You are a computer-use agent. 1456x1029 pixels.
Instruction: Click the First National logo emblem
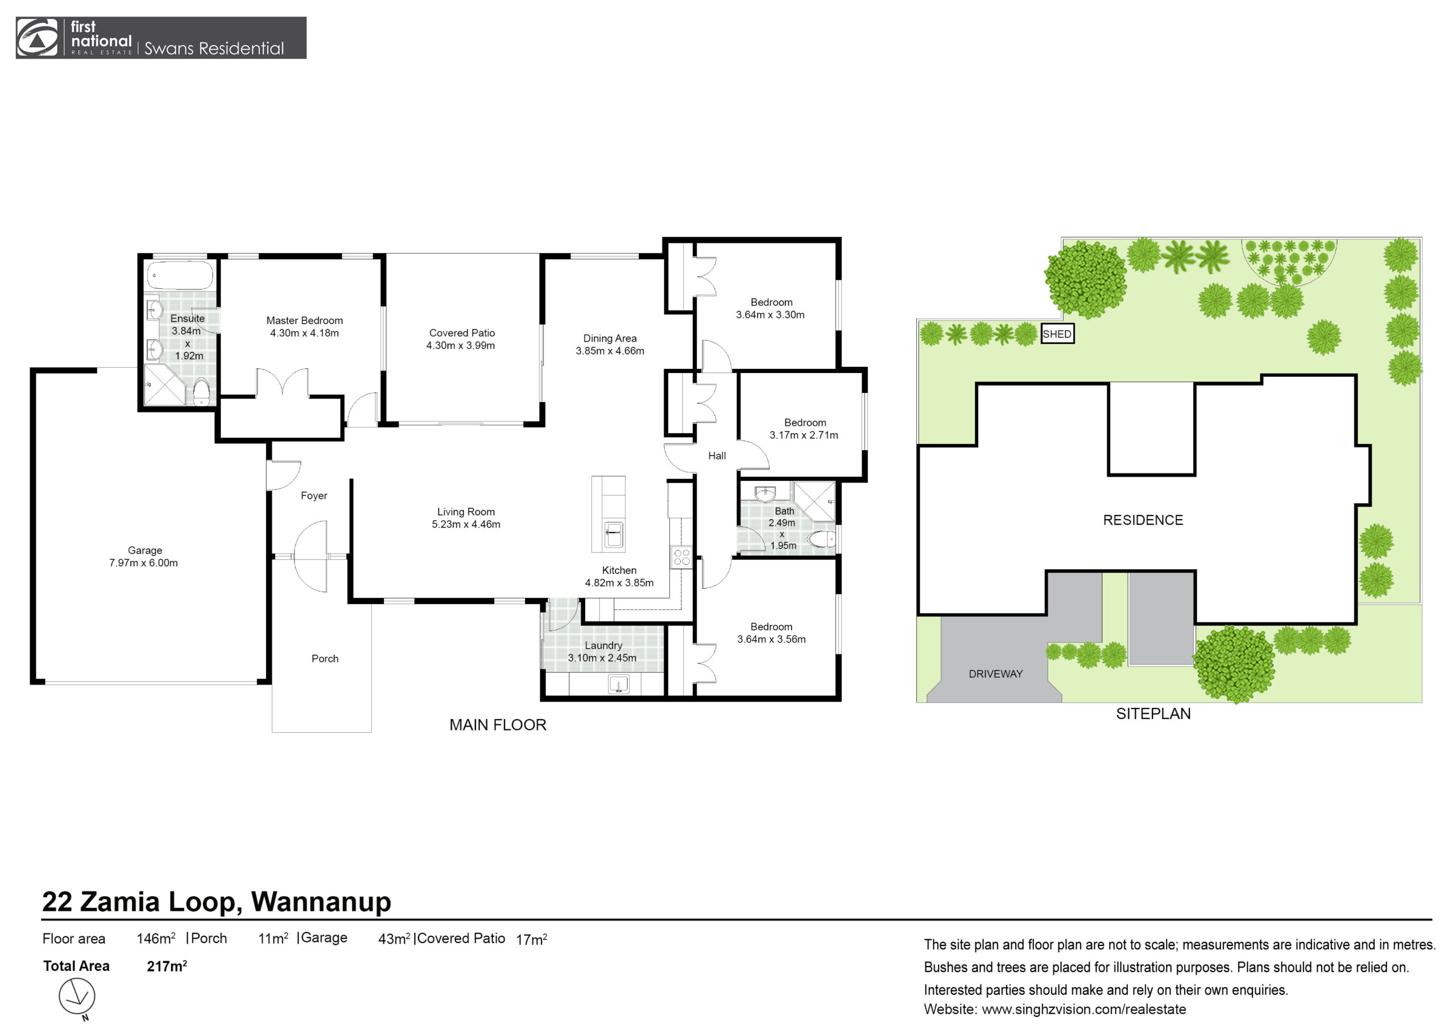pos(37,38)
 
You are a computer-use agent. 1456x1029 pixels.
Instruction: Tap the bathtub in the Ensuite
pos(180,276)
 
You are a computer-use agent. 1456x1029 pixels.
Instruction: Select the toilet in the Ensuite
pos(201,392)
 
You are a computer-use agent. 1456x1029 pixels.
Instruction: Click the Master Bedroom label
pos(304,321)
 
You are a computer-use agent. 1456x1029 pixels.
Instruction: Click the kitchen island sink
pos(614,534)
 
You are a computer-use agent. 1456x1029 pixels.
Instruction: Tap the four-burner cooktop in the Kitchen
pos(682,557)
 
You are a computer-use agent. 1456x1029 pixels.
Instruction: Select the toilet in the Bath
pos(822,539)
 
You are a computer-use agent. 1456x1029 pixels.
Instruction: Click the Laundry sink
pos(618,684)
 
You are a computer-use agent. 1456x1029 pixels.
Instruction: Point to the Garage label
pos(144,550)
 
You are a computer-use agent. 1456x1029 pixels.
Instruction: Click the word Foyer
pos(314,496)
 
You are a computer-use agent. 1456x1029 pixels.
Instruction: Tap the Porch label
pos(325,659)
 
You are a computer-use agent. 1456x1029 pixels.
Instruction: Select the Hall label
pos(717,456)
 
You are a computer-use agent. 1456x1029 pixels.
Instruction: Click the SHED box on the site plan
pos(1057,334)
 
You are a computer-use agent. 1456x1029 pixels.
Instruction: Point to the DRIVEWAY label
pos(996,674)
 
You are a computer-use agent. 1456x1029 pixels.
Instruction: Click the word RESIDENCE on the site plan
pos(1143,521)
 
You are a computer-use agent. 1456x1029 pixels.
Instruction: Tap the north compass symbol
pos(77,996)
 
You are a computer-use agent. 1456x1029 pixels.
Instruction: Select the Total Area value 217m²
pos(167,966)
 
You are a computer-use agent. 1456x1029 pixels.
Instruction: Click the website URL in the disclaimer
pos(1084,1009)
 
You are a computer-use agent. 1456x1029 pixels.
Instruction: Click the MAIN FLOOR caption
pos(498,725)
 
